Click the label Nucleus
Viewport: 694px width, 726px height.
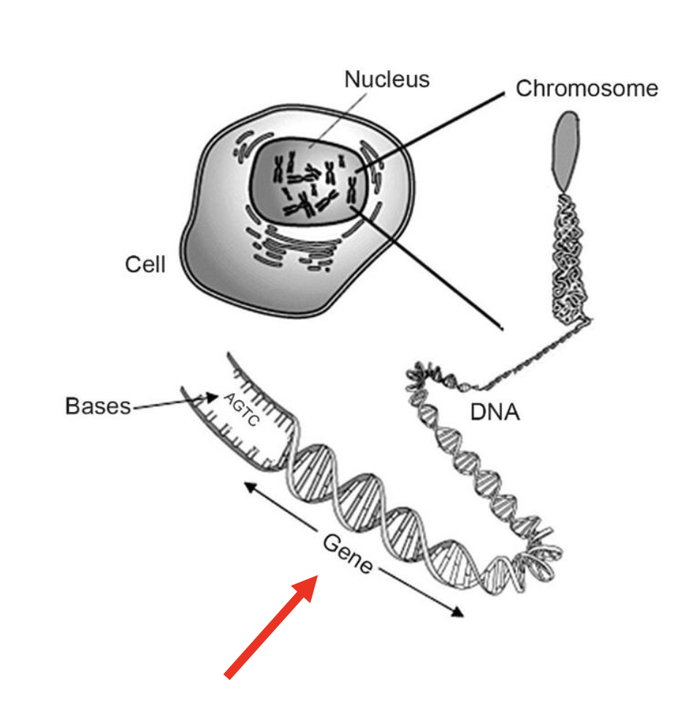[x=386, y=79]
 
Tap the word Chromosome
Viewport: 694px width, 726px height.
[x=587, y=88]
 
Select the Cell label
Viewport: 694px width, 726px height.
[x=145, y=264]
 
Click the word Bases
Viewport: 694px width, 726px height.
[x=98, y=406]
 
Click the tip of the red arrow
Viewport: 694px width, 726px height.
[x=315, y=577]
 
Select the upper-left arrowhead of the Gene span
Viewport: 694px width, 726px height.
[x=248, y=486]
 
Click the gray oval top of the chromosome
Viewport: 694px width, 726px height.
[x=565, y=149]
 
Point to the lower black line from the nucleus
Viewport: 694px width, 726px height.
[x=431, y=270]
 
